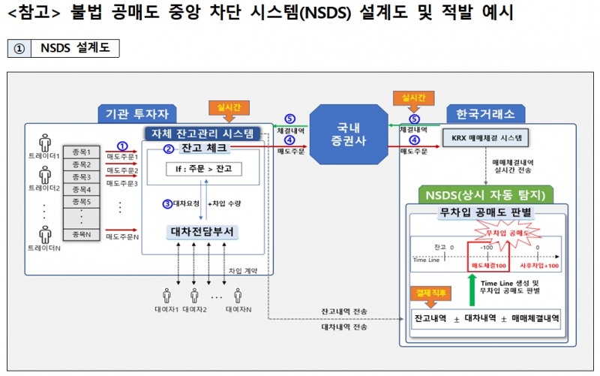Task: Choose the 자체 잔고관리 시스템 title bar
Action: click(x=202, y=134)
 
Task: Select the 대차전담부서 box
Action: click(x=202, y=231)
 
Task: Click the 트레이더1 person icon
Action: click(x=45, y=141)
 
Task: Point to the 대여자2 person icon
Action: click(x=193, y=295)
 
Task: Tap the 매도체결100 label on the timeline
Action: click(x=487, y=266)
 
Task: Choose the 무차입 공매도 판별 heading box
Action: click(x=486, y=212)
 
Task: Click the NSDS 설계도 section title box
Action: click(x=74, y=48)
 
